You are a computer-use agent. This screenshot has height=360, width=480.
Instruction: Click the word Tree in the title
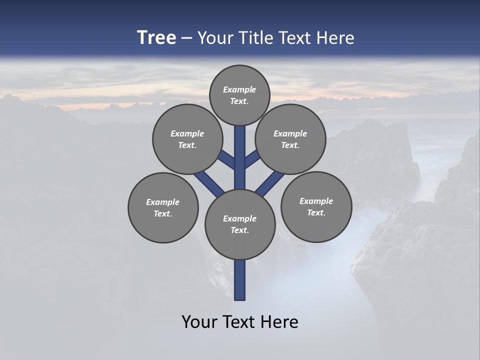click(156, 38)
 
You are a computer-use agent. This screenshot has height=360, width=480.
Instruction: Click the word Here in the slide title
click(336, 38)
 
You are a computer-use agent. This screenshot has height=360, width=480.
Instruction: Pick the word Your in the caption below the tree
click(200, 322)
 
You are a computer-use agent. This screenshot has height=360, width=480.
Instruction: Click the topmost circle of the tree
click(239, 95)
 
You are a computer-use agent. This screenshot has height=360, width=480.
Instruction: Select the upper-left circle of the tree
click(187, 139)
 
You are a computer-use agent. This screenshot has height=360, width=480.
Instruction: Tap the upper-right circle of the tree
click(290, 139)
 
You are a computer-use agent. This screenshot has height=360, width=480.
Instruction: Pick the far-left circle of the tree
click(163, 207)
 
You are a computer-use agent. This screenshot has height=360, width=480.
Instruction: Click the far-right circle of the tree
click(316, 206)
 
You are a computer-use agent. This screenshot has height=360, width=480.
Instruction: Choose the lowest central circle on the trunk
click(240, 224)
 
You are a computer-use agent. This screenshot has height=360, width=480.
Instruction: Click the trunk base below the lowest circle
click(240, 280)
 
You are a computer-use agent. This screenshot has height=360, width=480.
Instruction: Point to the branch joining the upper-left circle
click(227, 159)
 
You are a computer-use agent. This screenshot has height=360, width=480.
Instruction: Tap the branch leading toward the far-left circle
click(209, 183)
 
